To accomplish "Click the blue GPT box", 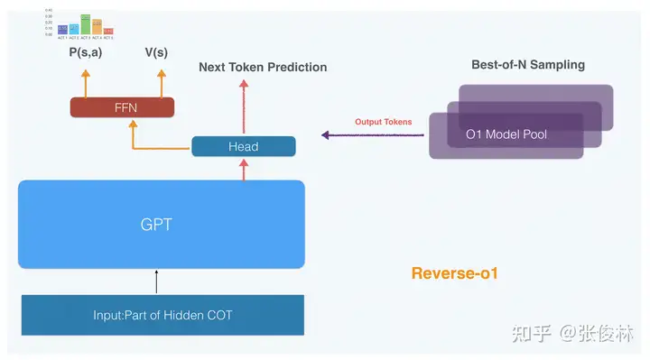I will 161,224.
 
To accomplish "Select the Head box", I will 243,146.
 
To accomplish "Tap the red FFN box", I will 122,107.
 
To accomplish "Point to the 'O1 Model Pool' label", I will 506,134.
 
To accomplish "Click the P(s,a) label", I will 85,52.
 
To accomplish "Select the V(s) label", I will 156,52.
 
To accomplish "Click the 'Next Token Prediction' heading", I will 263,67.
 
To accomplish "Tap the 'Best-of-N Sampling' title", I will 528,65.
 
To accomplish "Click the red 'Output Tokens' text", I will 382,122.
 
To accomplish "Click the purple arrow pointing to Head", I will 370,135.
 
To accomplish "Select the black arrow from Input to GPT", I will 157,281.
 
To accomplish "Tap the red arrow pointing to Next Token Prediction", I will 243,106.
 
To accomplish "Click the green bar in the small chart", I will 85,23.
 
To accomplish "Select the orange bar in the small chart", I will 97,26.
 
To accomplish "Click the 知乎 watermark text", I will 529,334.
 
